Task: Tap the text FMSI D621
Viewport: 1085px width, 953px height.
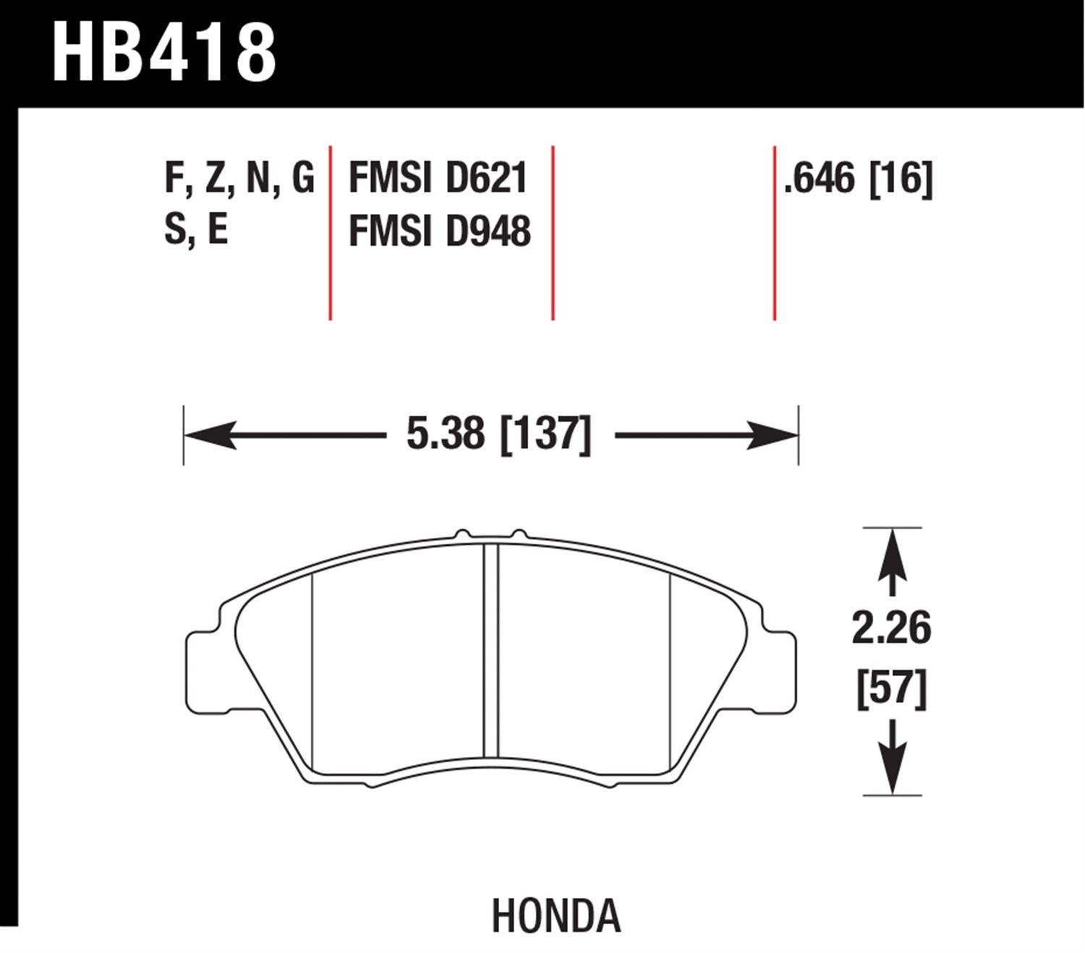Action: [x=438, y=179]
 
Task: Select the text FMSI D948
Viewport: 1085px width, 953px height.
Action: [x=440, y=231]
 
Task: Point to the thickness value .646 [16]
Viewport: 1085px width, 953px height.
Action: [x=859, y=179]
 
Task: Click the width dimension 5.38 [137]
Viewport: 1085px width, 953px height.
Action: [x=499, y=435]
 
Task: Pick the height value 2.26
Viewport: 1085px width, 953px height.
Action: [x=891, y=628]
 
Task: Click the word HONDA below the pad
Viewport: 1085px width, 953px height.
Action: [x=556, y=916]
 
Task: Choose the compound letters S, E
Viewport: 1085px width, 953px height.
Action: [x=197, y=230]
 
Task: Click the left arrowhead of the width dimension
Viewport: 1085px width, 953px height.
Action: [x=210, y=435]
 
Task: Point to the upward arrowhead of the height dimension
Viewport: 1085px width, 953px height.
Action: [x=892, y=553]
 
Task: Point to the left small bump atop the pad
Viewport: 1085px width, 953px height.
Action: [x=461, y=534]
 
